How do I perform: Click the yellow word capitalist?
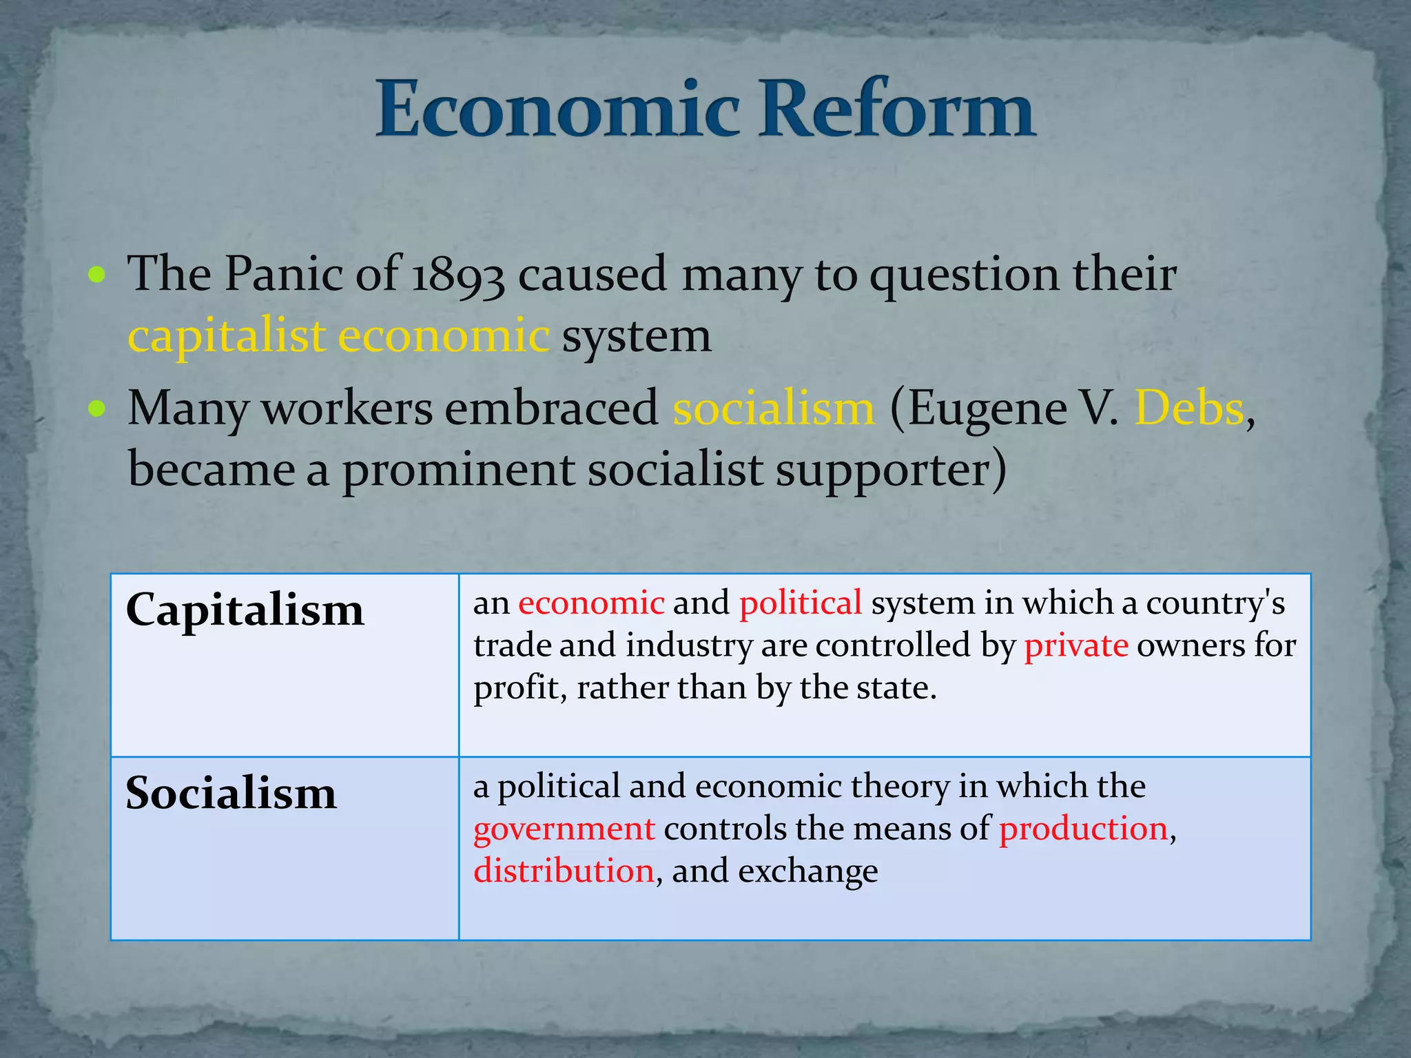(227, 338)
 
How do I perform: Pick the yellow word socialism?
(774, 408)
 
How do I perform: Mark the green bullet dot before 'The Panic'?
(97, 276)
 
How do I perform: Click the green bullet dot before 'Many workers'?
(97, 409)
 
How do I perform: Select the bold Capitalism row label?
(245, 611)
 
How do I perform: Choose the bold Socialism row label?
(231, 793)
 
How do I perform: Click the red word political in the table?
(801, 603)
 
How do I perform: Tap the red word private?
(1076, 646)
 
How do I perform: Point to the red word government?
(564, 829)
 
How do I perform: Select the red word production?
(1084, 829)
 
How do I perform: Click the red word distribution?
(564, 871)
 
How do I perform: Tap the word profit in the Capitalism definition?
(517, 688)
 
